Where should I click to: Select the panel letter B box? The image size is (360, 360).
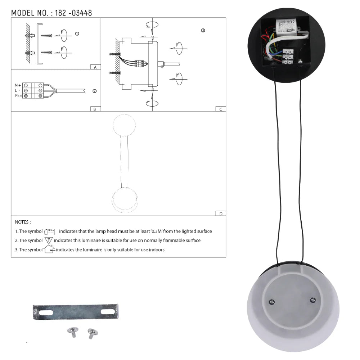point(95,109)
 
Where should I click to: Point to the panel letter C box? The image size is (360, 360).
point(221,109)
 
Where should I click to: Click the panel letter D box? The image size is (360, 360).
point(221,213)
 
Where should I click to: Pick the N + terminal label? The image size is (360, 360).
point(18,85)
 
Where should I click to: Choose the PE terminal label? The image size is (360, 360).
point(18,96)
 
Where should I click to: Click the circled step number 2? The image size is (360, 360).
point(94,91)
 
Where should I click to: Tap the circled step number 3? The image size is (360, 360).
point(203,31)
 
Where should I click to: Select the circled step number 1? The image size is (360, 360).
point(77,33)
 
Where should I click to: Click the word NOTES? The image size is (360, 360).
point(23,222)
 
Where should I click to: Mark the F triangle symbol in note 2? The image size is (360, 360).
point(49,240)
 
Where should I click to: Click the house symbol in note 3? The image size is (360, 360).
point(49,249)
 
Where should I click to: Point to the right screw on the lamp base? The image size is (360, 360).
point(313,300)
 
